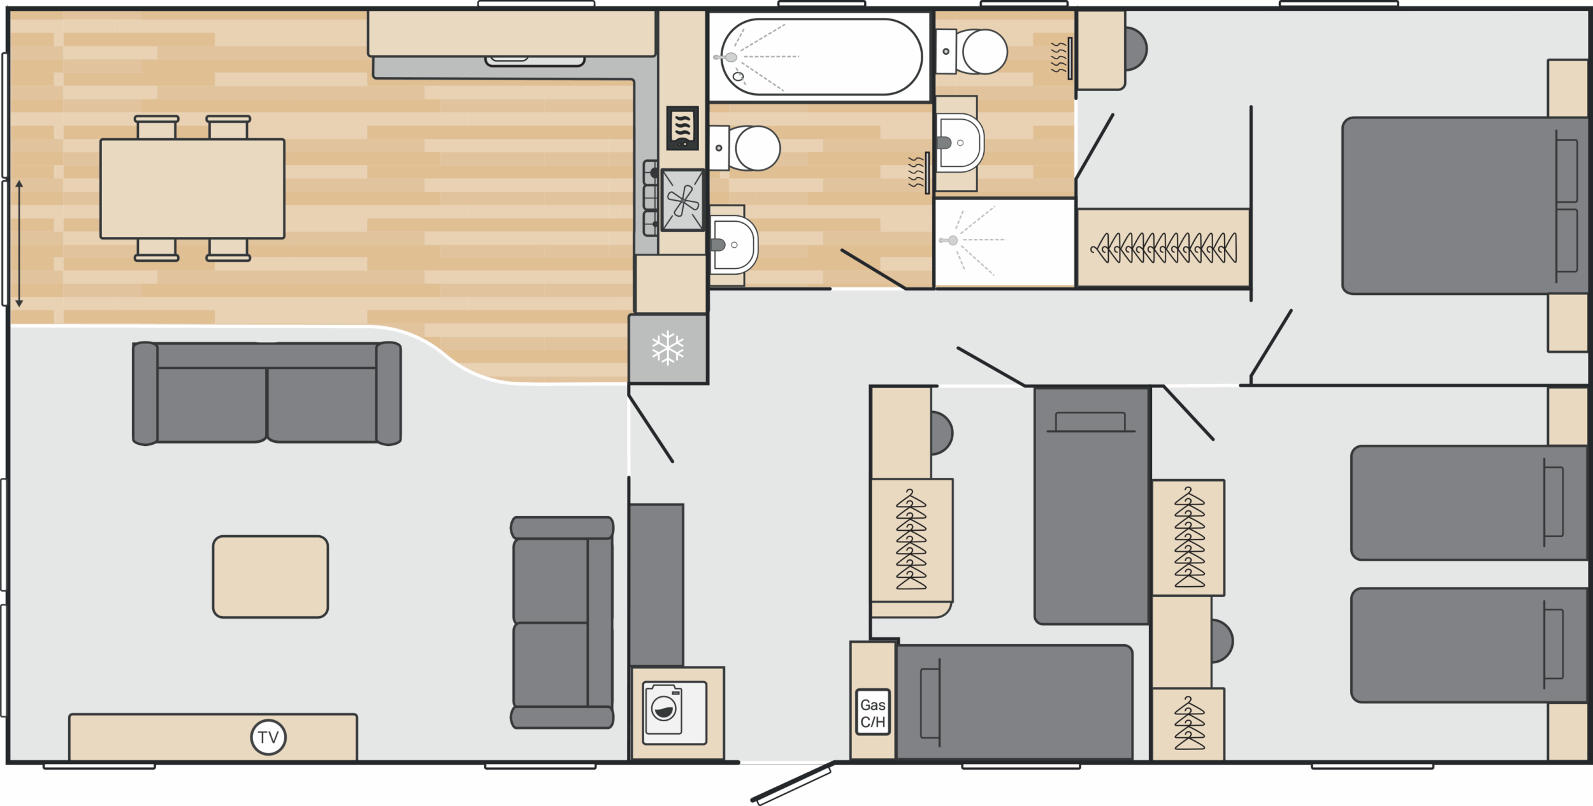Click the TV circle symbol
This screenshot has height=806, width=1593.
[x=268, y=737]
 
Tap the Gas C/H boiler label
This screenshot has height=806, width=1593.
[x=872, y=712]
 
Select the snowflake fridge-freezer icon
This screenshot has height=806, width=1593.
[x=667, y=348]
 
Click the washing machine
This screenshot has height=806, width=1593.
[x=675, y=713]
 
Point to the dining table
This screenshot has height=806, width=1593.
[x=192, y=189]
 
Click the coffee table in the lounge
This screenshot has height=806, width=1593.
[x=270, y=577]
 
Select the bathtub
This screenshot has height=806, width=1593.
[x=821, y=57]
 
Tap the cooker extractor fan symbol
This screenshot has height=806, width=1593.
[x=682, y=200]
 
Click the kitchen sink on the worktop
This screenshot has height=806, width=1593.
[x=535, y=61]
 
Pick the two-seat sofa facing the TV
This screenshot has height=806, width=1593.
[x=267, y=393]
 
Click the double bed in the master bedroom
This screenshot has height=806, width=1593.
[x=1464, y=205]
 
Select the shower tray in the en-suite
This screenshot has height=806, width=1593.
[x=1005, y=242]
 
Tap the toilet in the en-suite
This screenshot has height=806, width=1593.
[x=972, y=51]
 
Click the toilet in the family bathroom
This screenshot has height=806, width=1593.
[x=745, y=148]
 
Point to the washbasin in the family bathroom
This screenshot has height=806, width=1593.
[x=733, y=245]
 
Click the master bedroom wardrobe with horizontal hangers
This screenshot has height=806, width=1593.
[x=1163, y=247]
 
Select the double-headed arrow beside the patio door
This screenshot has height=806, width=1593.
[x=19, y=243]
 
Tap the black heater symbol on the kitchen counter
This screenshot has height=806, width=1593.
[x=682, y=128]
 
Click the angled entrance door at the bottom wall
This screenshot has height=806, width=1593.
[x=792, y=782]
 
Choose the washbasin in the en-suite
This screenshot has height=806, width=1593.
[x=960, y=143]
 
